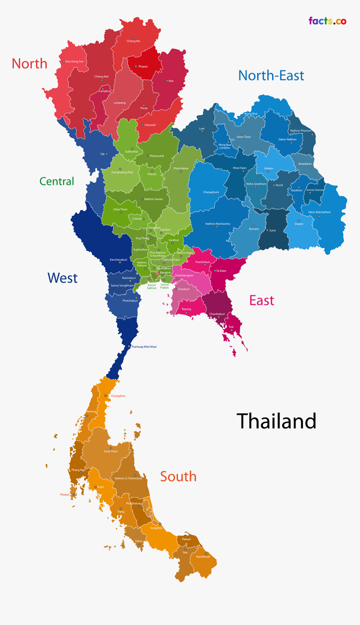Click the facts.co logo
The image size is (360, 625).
click(327, 21)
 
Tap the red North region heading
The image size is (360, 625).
click(29, 64)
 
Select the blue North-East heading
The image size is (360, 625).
click(271, 75)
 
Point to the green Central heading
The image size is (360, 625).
click(57, 181)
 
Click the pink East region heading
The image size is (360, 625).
click(262, 300)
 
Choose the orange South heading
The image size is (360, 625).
click(178, 476)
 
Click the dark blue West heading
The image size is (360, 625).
click(62, 278)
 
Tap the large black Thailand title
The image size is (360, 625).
click(276, 421)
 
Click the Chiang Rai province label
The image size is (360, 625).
click(133, 41)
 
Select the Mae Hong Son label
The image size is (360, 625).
click(74, 62)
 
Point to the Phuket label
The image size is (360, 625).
click(64, 494)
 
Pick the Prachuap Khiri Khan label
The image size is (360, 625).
click(144, 347)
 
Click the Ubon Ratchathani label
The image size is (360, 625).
click(319, 212)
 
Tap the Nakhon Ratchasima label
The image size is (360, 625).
click(217, 224)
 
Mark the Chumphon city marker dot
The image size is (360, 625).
click(105, 396)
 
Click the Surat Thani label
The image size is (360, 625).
click(111, 451)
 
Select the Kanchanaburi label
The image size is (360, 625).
click(118, 260)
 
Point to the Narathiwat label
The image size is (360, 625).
click(203, 556)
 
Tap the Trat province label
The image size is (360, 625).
click(231, 327)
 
